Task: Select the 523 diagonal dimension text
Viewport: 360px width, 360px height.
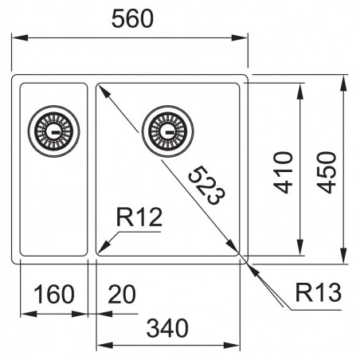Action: (x=203, y=186)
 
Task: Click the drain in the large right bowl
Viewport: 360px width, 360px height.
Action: (x=166, y=127)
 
